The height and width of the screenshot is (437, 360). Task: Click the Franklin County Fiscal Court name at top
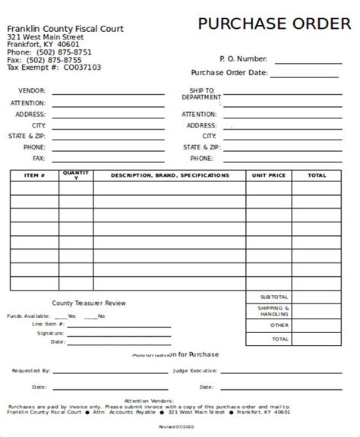pos(65,28)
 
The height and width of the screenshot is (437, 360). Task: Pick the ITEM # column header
pos(35,175)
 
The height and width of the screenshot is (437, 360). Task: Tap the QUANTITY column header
pos(77,175)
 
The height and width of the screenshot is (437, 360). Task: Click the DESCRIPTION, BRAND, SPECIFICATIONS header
pos(169,175)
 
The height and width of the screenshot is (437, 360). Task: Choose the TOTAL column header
pos(317,175)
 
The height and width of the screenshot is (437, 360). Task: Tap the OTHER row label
pos(279,325)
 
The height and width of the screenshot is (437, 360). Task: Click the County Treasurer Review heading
pos(89,302)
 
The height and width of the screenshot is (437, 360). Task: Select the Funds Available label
pos(27,315)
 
